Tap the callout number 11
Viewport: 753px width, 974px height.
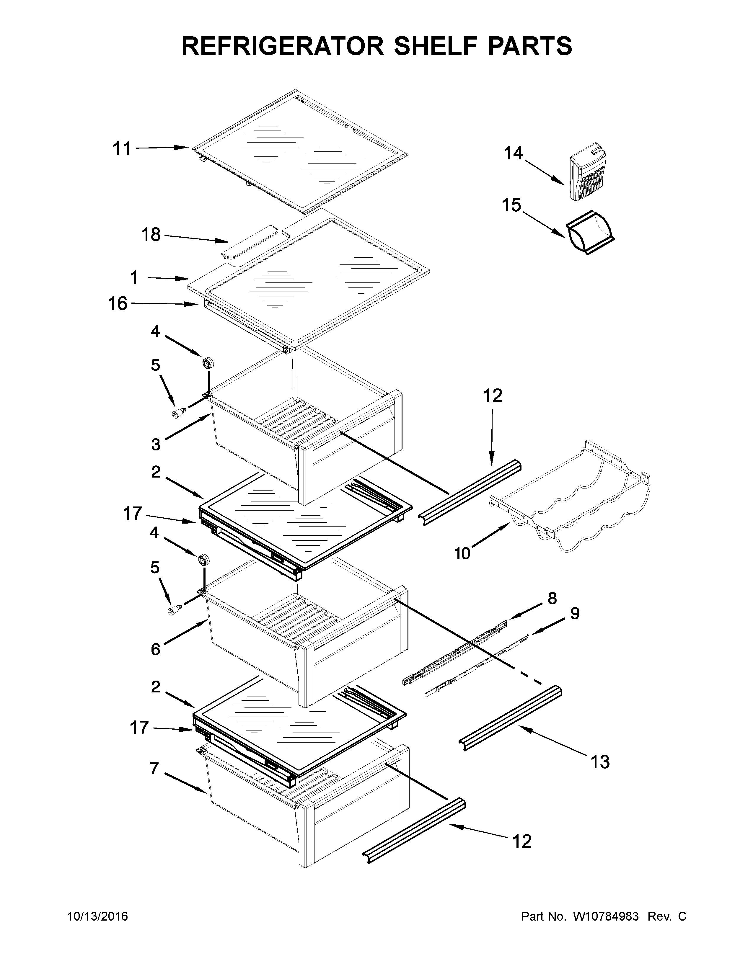click(x=122, y=148)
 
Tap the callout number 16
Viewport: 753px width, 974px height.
click(x=118, y=304)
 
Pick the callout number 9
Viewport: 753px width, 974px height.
click(x=575, y=614)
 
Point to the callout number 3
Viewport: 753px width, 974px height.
click(x=155, y=444)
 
